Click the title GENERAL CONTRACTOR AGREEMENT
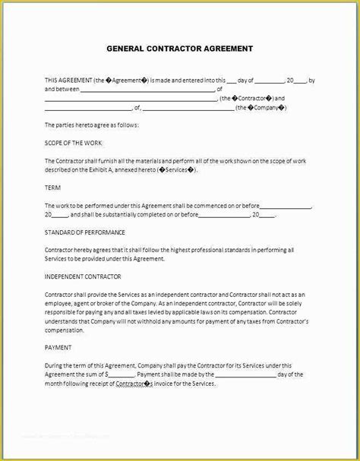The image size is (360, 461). pos(179,48)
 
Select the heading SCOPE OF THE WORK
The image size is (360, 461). pos(73,142)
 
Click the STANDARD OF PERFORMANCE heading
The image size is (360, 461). pos(85,232)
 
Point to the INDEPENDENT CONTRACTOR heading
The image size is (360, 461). pos(84,276)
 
